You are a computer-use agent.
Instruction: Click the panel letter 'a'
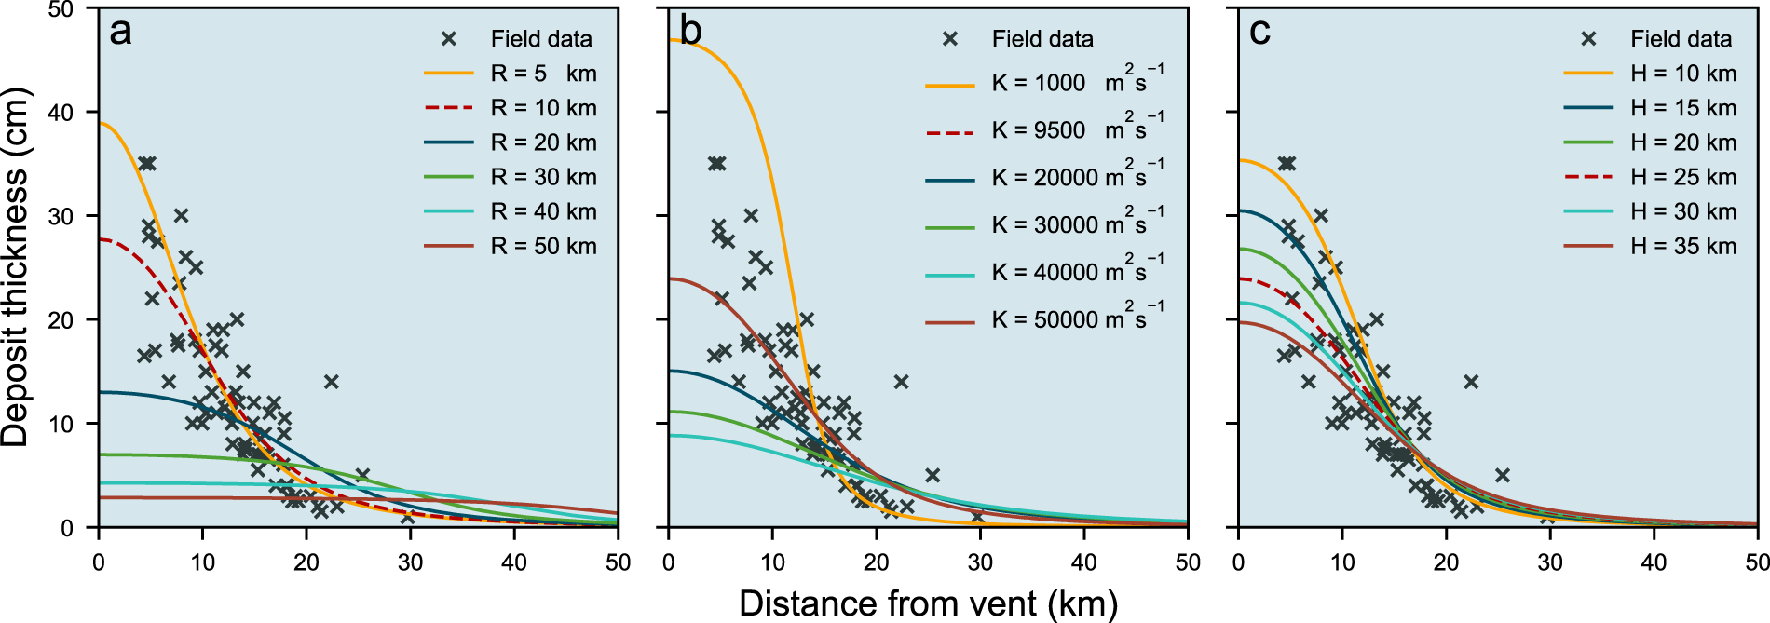click(x=120, y=33)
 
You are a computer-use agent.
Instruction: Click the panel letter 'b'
click(x=690, y=32)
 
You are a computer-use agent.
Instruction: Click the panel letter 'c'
click(x=1259, y=33)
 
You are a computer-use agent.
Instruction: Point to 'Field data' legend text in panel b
click(x=1042, y=39)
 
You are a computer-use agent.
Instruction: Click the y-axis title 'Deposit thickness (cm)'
click(x=16, y=267)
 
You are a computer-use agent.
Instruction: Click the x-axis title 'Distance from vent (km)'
click(x=928, y=603)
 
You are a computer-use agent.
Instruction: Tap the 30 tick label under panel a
click(x=410, y=562)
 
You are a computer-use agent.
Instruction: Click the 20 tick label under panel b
click(x=876, y=562)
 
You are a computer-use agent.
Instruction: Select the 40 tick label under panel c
click(x=1654, y=562)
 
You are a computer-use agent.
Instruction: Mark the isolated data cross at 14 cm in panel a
click(x=331, y=382)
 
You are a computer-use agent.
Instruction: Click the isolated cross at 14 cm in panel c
click(x=1471, y=382)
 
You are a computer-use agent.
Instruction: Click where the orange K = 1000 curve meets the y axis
click(x=670, y=40)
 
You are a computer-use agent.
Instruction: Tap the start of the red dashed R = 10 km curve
click(x=100, y=240)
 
